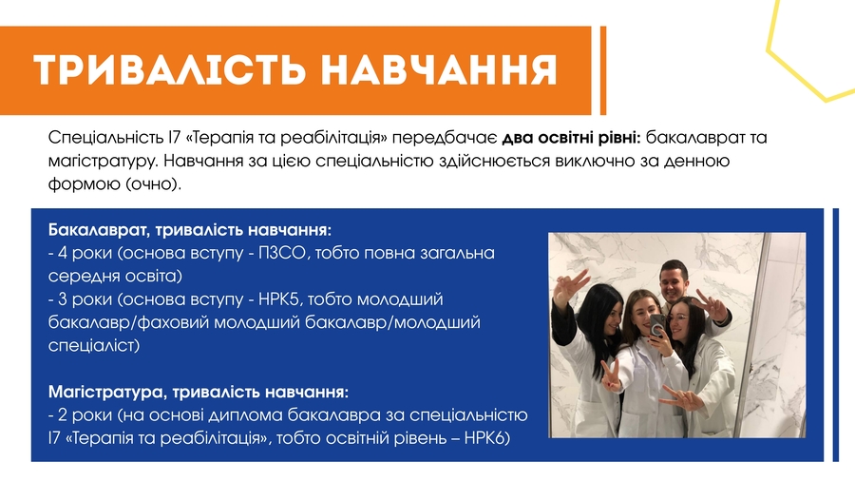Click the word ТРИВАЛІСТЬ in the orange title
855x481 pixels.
(x=170, y=69)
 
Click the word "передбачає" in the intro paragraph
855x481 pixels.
(x=445, y=139)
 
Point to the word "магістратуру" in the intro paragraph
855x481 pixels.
(x=101, y=162)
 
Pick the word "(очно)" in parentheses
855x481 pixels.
(x=153, y=184)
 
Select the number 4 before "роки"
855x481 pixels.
(x=62, y=254)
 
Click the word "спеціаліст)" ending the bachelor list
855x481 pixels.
(x=94, y=346)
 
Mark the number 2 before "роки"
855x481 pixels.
(x=62, y=415)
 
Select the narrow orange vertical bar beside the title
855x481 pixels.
(x=603, y=70)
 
